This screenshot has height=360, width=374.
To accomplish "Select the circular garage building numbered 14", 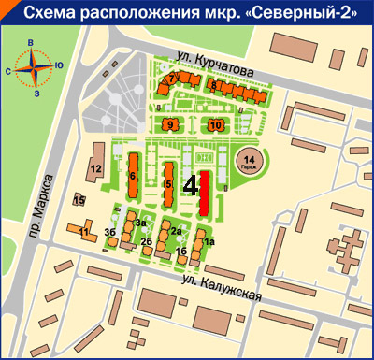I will click(249, 161).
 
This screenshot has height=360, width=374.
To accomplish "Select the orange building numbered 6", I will click(134, 175).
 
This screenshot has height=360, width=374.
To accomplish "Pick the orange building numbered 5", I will click(168, 182).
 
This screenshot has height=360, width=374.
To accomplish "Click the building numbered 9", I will click(170, 122).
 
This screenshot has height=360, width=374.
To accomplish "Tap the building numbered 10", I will click(216, 123).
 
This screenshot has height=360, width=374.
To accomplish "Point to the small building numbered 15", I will click(79, 200).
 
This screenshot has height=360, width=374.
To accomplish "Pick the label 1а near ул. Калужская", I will click(209, 242).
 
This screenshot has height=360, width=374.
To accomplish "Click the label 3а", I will click(138, 223).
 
